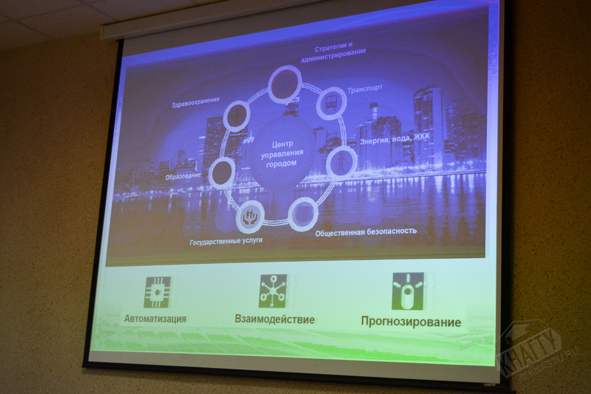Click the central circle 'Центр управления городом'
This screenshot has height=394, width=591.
pos(282,154)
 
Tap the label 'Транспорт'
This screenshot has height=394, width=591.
pos(365,89)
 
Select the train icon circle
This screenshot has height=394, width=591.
pos(332,103)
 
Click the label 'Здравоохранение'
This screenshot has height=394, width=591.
pos(195,102)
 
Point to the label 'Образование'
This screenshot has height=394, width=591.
pos(183,176)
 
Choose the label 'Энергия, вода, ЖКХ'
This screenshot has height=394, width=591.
pos(394,139)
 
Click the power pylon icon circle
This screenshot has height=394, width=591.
pos(342,162)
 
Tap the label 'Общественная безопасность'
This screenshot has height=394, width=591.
pos(366,232)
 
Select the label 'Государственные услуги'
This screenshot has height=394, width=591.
pos(226,241)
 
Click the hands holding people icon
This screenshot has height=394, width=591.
pos(250,217)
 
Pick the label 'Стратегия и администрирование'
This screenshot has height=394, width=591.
pos(333,53)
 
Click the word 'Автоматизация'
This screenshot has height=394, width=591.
pos(155,318)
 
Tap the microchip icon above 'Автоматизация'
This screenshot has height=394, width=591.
pos(158,292)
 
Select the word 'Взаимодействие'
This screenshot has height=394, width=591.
pos(275,320)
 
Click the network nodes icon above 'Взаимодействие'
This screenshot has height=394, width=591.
pos(273,291)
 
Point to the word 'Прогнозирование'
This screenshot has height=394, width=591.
pos(411,322)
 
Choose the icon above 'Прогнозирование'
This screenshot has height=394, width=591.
pos(408,291)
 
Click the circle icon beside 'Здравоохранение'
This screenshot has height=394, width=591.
pos(237,116)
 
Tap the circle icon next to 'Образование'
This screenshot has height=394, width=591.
pos(222,172)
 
